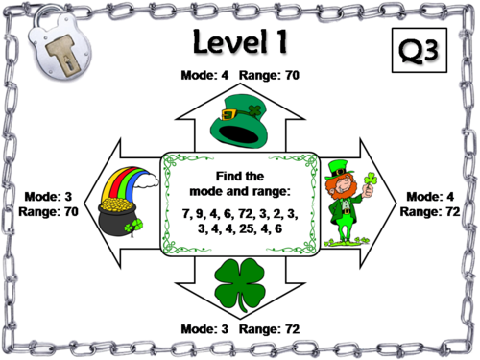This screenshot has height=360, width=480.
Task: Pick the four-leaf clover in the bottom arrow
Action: click(x=240, y=286)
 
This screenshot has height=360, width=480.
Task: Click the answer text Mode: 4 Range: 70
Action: click(x=240, y=75)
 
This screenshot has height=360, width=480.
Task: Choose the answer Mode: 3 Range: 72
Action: click(x=240, y=328)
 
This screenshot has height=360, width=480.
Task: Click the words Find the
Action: click(x=240, y=176)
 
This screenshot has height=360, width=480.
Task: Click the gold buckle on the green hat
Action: click(x=254, y=110)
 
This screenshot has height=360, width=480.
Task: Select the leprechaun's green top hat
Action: click(x=336, y=167)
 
